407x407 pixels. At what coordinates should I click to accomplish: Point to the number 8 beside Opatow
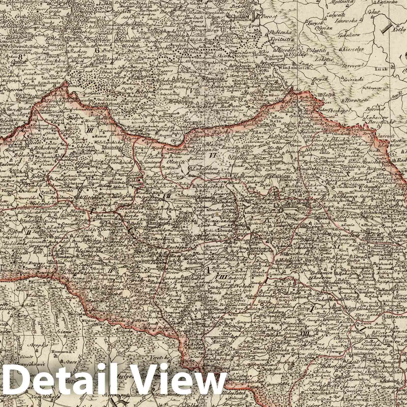tap(21, 57)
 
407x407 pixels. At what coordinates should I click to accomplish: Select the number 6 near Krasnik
tap(97, 50)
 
